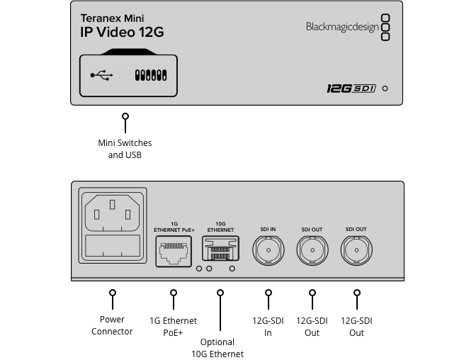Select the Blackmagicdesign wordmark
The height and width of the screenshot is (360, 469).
pos(341,27)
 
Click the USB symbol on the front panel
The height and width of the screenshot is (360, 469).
pos(102,74)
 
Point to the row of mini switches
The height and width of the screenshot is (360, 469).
pos(149,74)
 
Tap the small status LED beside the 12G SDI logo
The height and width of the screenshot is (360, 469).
pos(385,89)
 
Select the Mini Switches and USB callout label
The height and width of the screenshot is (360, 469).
pos(125,149)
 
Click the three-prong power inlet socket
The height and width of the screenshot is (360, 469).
pos(113,212)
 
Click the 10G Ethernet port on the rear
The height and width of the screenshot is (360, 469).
pos(220,251)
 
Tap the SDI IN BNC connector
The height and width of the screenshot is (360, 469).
pos(269,251)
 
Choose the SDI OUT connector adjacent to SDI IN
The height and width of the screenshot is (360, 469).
pos(312,251)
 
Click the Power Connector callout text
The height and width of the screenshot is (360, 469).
pos(112,326)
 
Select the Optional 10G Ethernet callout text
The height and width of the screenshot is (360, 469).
pos(217,348)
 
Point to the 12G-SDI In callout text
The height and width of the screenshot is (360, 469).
pos(269,326)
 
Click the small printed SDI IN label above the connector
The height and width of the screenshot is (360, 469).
pos(269,230)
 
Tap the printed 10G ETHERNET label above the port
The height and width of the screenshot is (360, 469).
pos(220,227)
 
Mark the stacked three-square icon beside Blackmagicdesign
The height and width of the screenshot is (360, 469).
pos(385,27)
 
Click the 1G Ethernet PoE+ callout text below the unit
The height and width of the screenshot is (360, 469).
pos(173,326)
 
